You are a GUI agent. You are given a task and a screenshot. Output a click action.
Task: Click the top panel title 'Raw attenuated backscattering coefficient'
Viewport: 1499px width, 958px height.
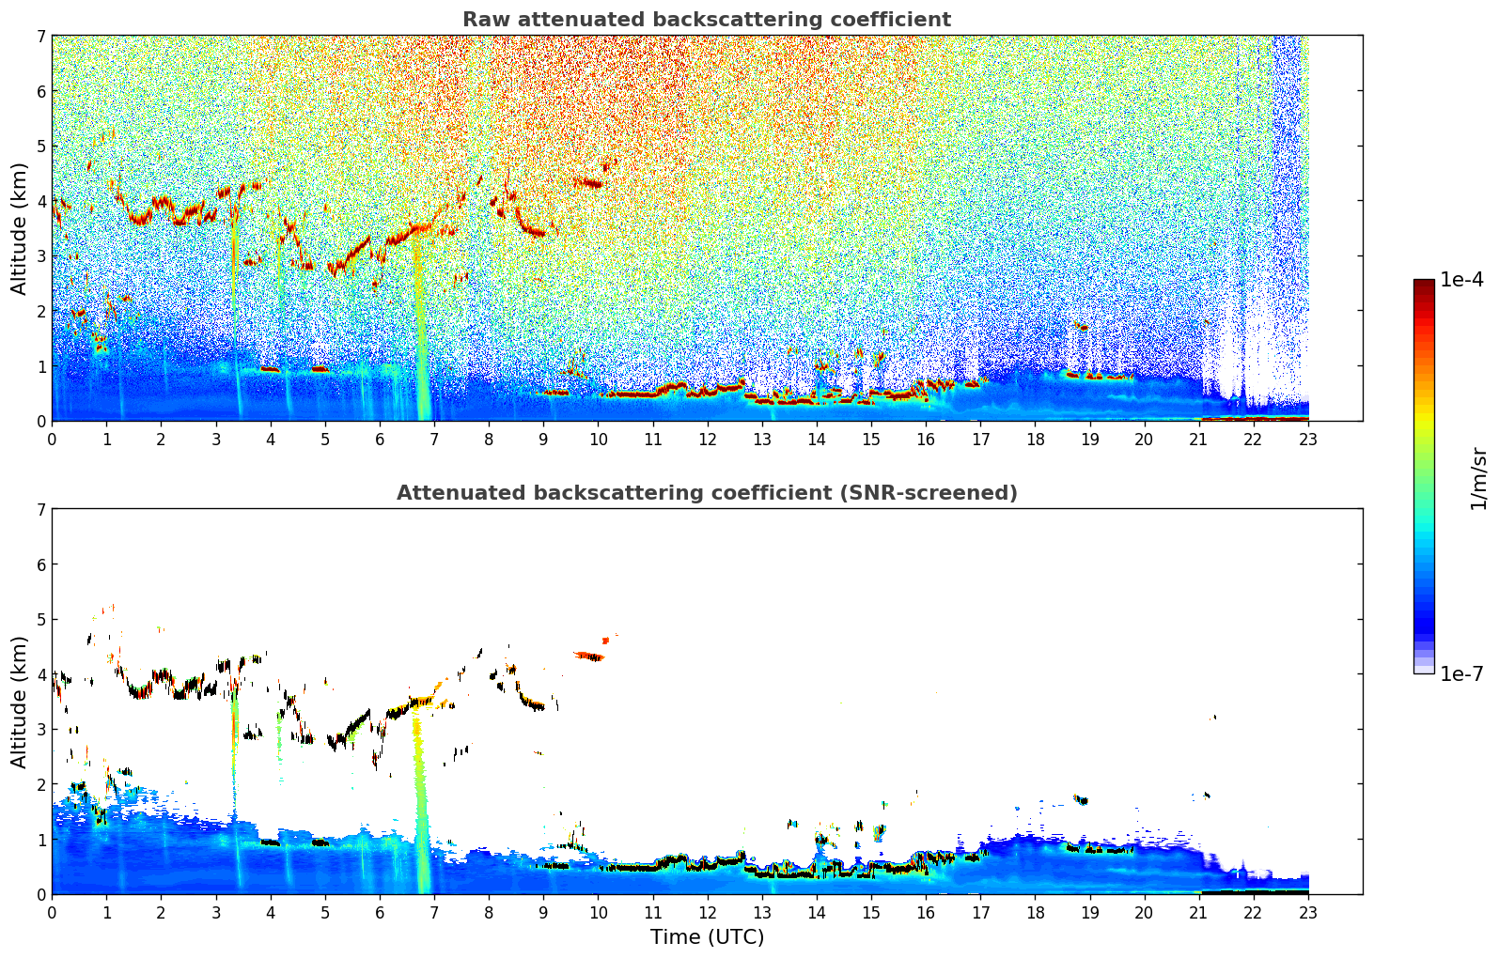pyautogui.click(x=706, y=20)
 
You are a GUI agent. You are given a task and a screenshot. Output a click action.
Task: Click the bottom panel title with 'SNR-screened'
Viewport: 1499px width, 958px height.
pyautogui.click(x=706, y=493)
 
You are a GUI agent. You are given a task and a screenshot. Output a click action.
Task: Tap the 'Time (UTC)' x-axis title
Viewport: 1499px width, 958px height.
pyautogui.click(x=707, y=937)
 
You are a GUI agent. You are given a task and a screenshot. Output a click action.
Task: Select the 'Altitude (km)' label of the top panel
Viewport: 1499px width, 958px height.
pyautogui.click(x=19, y=228)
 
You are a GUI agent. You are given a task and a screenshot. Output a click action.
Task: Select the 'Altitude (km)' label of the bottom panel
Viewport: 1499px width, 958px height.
pyautogui.click(x=19, y=702)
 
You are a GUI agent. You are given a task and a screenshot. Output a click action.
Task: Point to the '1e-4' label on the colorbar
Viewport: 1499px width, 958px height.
pyautogui.click(x=1461, y=280)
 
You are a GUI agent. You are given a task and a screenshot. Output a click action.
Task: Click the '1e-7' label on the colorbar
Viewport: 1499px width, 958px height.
pyautogui.click(x=1461, y=673)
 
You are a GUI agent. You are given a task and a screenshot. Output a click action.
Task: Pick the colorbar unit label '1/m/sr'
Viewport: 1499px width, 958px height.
pyautogui.click(x=1478, y=478)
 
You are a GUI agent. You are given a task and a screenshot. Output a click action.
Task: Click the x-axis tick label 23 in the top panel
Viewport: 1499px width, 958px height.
pyautogui.click(x=1308, y=440)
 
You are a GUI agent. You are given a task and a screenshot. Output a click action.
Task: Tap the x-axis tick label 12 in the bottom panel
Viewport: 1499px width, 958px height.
pyautogui.click(x=707, y=913)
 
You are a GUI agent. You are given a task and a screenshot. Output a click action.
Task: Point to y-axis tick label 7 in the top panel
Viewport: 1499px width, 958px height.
pyautogui.click(x=41, y=37)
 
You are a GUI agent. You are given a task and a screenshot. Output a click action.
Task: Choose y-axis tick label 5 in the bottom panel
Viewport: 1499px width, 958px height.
pyautogui.click(x=41, y=620)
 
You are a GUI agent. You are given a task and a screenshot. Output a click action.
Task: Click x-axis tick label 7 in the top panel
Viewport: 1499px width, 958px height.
pyautogui.click(x=433, y=440)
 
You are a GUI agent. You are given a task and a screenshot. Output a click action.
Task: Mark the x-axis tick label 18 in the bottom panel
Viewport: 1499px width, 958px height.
pyautogui.click(x=1035, y=913)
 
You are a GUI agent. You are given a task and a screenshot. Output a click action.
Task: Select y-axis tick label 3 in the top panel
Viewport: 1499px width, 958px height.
pyautogui.click(x=41, y=256)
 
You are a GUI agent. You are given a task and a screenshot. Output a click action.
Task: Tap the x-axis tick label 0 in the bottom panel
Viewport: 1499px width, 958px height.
pyautogui.click(x=52, y=913)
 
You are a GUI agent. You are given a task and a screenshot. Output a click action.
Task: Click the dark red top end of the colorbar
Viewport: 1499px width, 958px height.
pyautogui.click(x=1423, y=284)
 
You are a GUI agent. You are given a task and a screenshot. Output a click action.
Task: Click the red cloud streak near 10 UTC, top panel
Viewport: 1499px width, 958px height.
pyautogui.click(x=589, y=183)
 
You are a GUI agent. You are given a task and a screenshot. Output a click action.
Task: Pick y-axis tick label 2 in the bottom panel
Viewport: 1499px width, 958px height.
pyautogui.click(x=41, y=784)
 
